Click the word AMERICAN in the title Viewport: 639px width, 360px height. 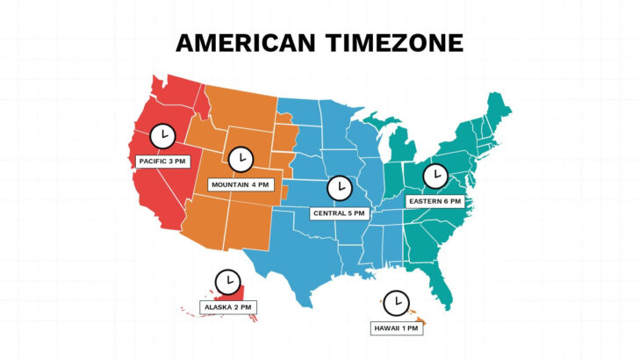point(243,43)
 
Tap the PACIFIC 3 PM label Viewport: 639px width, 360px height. point(162,162)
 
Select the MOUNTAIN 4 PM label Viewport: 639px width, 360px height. point(240,184)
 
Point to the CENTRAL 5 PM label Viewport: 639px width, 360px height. point(338,212)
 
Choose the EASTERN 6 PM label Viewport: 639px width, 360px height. point(434,201)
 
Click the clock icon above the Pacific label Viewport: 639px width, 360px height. point(162,136)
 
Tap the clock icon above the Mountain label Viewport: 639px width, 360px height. point(240,159)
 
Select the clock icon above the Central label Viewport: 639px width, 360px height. point(338,187)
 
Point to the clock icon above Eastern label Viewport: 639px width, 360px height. point(434,176)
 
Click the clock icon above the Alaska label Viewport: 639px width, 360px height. point(228,281)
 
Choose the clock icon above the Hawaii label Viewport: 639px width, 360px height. point(397,302)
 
